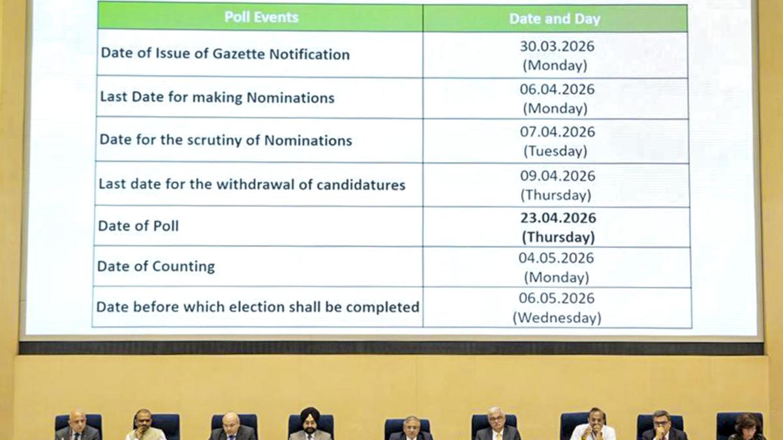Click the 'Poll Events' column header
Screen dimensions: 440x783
tap(261, 18)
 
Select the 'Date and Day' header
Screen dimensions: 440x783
tap(555, 19)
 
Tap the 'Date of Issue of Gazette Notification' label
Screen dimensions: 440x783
tap(224, 54)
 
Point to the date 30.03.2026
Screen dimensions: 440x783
tap(557, 46)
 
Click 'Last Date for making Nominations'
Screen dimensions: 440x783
tap(217, 98)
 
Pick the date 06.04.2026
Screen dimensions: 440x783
tap(557, 89)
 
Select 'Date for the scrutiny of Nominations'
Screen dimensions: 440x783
tap(225, 140)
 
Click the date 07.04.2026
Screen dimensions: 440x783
tap(557, 132)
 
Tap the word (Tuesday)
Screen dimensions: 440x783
tap(556, 151)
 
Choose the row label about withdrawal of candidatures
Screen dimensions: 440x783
tap(251, 184)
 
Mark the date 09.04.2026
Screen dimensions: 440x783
tap(557, 175)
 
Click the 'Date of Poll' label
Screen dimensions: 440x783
tap(138, 226)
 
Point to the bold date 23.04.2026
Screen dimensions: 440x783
tap(558, 218)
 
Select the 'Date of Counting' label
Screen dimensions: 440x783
tap(155, 267)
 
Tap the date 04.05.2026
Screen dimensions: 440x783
tap(556, 258)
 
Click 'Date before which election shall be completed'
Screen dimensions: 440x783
tap(257, 306)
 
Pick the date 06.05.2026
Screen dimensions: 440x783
tap(557, 298)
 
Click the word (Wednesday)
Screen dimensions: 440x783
tap(556, 318)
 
